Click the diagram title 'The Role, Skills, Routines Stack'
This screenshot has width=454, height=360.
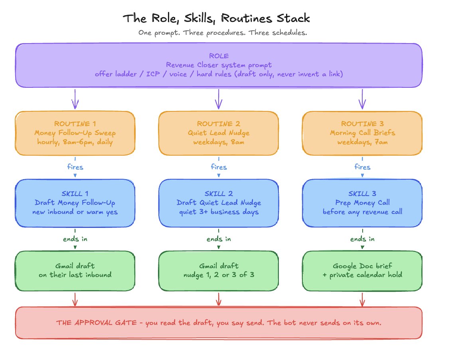[216, 18]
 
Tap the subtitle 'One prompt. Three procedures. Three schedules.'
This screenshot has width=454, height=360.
[223, 33]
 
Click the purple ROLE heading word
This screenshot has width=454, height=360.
[219, 56]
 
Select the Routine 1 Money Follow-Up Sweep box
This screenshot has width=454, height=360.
[75, 133]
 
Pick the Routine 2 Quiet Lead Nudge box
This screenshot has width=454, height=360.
[219, 133]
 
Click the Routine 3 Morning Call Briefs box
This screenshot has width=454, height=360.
[362, 133]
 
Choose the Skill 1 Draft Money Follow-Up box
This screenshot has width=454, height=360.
[75, 203]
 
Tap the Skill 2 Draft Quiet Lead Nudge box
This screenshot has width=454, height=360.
[219, 203]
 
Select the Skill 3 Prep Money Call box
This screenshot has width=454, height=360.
[362, 203]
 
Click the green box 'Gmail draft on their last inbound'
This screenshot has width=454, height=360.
[75, 271]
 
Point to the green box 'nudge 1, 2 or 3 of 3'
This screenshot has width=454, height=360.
[219, 271]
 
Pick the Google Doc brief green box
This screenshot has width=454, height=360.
[362, 271]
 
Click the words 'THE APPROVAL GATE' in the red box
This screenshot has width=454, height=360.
[97, 322]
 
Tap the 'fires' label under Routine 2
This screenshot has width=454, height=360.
[219, 167]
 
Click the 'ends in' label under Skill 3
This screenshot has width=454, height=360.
[362, 239]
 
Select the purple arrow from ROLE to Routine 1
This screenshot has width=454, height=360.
[75, 99]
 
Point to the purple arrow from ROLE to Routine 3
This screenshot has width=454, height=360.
[362, 99]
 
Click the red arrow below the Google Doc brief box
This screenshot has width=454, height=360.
[362, 299]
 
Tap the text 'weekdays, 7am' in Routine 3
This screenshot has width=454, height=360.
[362, 142]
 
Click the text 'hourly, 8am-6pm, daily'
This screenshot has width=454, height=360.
[75, 142]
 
